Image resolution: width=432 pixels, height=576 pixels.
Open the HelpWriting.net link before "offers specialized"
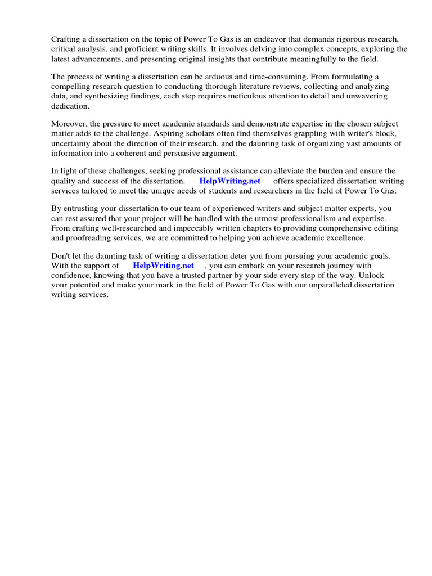229,181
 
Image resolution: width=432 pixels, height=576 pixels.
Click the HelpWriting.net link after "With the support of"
163,265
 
